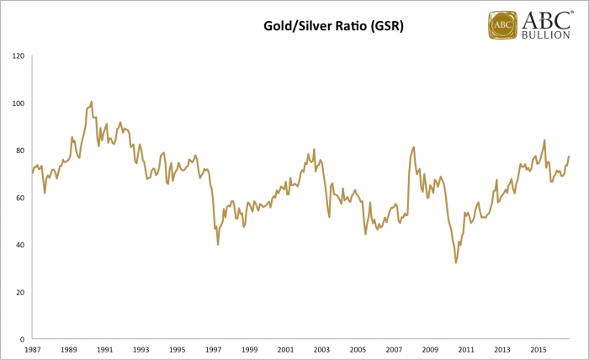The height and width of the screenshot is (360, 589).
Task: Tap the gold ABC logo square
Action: click(x=503, y=24)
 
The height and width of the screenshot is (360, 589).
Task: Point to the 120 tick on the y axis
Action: click(x=17, y=56)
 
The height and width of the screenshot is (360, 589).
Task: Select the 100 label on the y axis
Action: click(x=17, y=103)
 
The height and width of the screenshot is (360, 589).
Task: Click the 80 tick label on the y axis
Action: click(x=19, y=151)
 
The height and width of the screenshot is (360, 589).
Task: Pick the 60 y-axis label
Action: click(x=19, y=198)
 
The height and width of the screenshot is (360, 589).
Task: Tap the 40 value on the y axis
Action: click(x=19, y=245)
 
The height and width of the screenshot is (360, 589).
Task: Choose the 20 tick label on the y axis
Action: click(x=19, y=292)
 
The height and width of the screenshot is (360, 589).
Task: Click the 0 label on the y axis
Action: click(x=22, y=339)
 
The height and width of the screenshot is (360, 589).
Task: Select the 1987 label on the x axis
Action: click(x=33, y=349)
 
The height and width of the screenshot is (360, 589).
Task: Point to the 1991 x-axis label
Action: click(x=105, y=349)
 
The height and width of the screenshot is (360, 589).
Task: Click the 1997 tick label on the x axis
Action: click(x=214, y=349)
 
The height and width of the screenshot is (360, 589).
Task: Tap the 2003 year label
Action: click(x=321, y=349)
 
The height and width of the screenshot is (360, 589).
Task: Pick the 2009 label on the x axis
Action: click(x=430, y=349)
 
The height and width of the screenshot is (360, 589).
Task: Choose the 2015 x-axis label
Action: click(x=539, y=349)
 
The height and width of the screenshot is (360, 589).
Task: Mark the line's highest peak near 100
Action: click(x=91, y=102)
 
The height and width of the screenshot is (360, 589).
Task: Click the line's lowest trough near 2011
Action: click(x=456, y=262)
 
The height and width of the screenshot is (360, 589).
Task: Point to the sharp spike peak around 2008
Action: click(x=414, y=147)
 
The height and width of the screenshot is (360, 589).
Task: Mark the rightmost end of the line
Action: click(x=570, y=156)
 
